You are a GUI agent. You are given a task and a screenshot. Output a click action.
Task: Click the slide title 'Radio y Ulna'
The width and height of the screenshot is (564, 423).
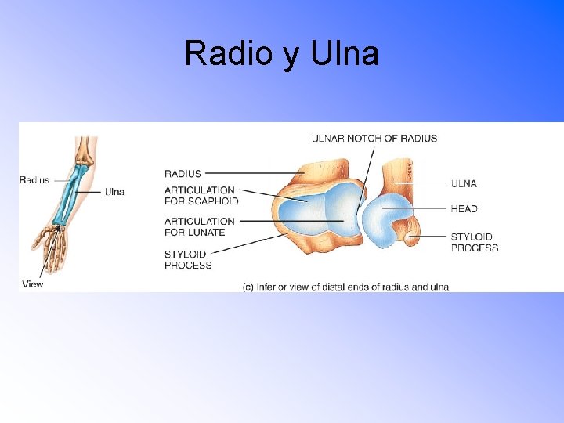click(x=281, y=53)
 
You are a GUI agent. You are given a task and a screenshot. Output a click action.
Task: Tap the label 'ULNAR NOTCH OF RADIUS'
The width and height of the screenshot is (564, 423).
click(x=374, y=138)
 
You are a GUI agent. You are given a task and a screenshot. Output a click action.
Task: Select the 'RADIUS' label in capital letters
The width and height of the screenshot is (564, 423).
click(x=183, y=173)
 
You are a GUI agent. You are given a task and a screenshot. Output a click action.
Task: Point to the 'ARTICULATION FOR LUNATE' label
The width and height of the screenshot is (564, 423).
click(x=199, y=226)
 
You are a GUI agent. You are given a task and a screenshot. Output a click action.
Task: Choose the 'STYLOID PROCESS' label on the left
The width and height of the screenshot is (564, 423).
click(x=188, y=259)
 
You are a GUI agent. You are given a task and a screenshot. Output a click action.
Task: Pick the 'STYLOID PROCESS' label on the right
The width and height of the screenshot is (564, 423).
click(x=474, y=242)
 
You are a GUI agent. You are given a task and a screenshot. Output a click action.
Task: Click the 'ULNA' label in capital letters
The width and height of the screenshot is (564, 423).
click(x=464, y=183)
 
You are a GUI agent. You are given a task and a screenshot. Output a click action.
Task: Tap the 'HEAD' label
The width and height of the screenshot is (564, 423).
click(x=464, y=209)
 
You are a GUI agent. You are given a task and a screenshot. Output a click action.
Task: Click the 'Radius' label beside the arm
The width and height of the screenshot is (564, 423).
click(x=34, y=179)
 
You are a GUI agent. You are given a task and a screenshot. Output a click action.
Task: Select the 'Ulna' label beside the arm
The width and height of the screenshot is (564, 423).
click(x=114, y=192)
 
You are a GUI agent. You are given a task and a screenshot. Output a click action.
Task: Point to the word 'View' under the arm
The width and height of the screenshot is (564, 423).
click(x=33, y=284)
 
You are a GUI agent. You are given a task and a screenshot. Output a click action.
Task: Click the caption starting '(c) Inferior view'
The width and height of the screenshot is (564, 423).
click(x=345, y=287)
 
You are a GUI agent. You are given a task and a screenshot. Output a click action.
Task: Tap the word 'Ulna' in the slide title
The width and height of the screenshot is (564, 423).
click(x=345, y=53)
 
